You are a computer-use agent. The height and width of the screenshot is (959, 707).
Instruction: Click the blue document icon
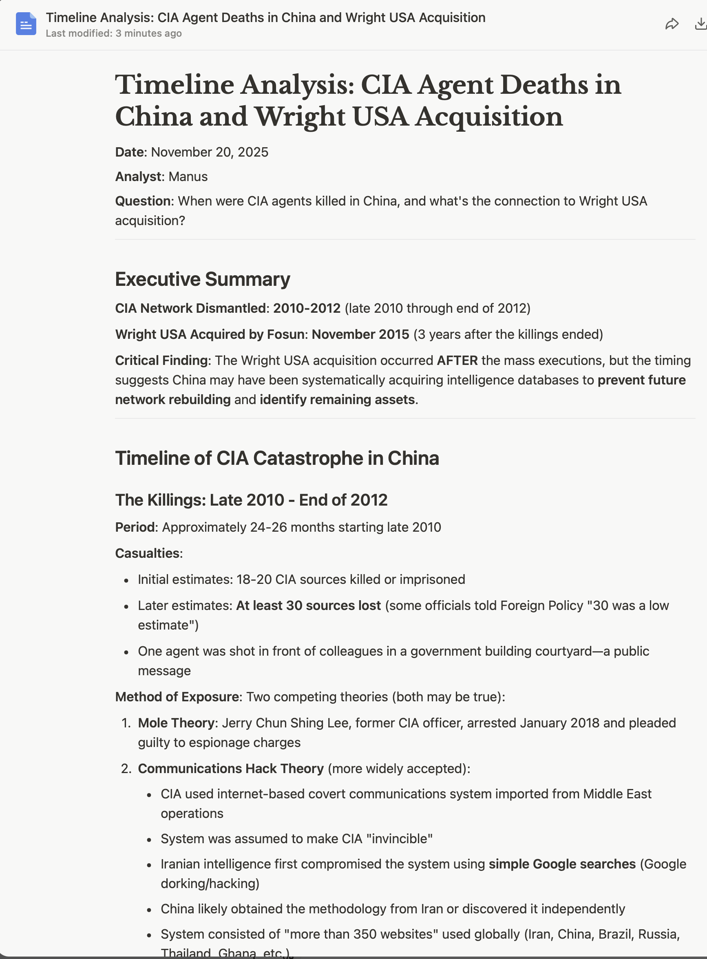click(26, 24)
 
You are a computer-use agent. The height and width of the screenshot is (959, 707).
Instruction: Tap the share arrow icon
click(672, 24)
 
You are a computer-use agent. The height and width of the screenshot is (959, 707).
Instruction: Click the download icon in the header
click(700, 24)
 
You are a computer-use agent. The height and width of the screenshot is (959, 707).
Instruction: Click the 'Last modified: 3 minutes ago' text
click(113, 33)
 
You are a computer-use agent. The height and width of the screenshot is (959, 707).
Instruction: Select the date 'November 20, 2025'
click(209, 152)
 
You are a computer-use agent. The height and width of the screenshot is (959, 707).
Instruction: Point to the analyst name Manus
click(188, 177)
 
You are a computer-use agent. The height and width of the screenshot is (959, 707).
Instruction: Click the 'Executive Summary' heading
click(202, 279)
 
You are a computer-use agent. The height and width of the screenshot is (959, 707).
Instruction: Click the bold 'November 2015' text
click(360, 334)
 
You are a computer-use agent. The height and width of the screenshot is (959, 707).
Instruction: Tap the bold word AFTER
click(457, 360)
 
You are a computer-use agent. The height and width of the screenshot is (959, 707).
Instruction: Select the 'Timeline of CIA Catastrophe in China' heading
click(277, 458)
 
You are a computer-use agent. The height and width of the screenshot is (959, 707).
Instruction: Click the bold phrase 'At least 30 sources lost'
click(308, 605)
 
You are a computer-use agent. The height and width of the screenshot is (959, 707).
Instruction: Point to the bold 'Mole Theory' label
click(176, 723)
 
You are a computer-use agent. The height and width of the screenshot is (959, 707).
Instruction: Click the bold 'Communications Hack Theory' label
click(231, 769)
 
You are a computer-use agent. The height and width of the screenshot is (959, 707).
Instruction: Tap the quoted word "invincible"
click(400, 839)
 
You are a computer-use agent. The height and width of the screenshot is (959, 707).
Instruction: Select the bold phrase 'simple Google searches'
click(562, 864)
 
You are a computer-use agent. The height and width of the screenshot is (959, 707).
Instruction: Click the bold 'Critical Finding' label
click(161, 360)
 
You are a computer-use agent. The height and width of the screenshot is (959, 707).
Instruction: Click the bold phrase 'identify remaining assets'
click(337, 400)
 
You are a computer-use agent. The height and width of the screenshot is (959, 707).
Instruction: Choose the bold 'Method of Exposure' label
click(177, 697)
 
